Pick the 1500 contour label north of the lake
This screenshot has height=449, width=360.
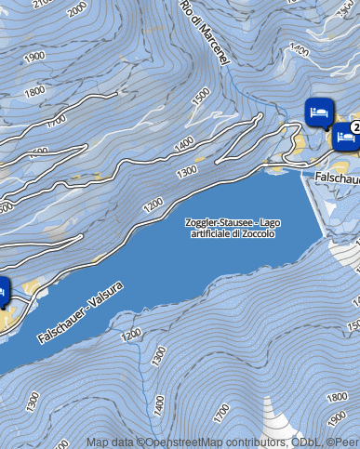200,96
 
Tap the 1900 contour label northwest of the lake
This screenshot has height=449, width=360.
35,57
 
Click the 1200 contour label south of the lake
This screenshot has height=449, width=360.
131,332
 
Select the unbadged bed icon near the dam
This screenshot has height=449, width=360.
319,112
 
